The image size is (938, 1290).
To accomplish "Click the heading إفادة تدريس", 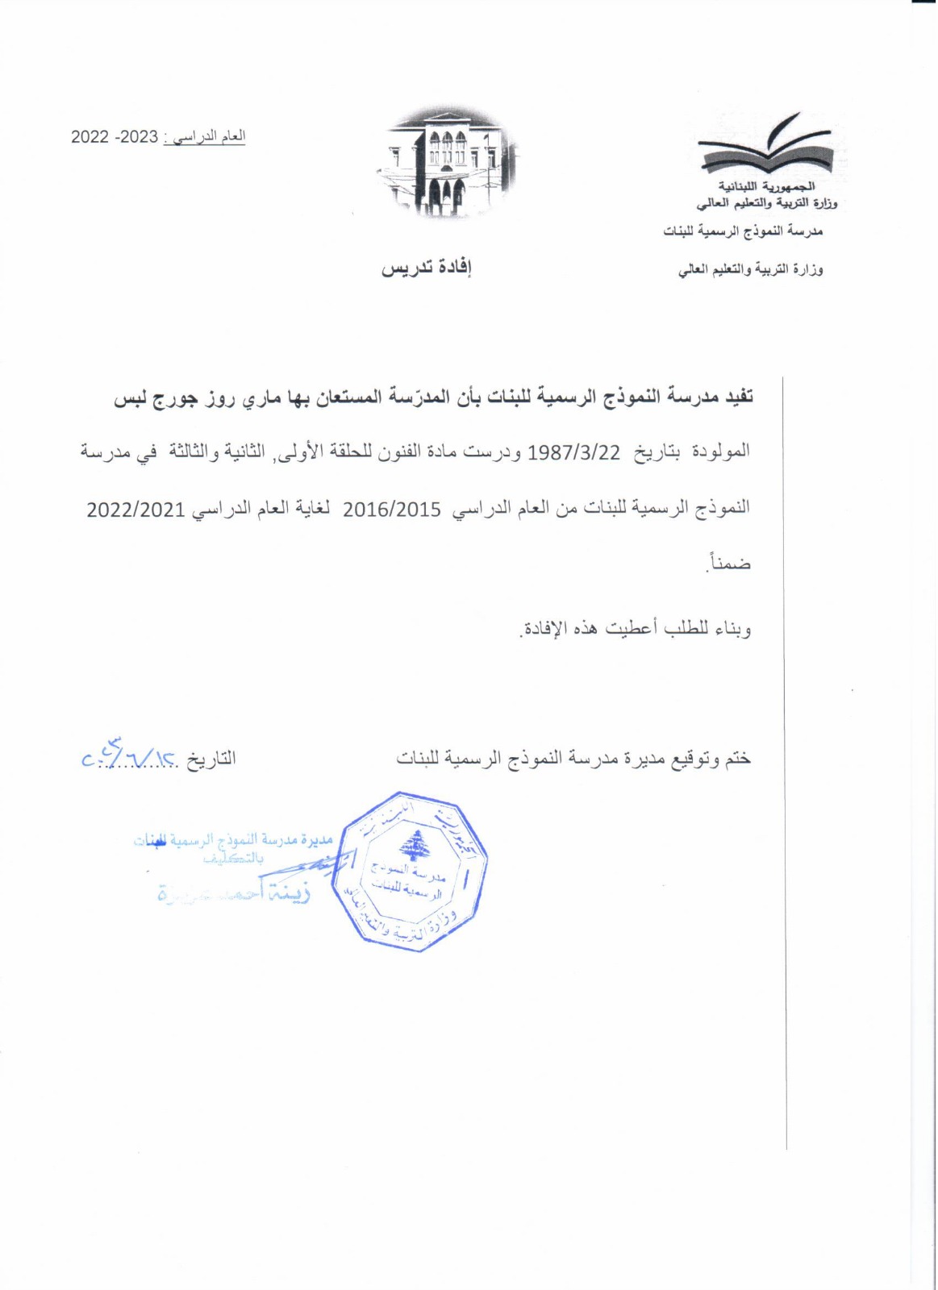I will [426, 268].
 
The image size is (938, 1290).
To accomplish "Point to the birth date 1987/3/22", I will [573, 452].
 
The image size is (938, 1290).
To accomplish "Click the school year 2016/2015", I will [392, 510].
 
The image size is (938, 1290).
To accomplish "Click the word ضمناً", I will [728, 564].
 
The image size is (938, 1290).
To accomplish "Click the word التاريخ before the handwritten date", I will [211, 759].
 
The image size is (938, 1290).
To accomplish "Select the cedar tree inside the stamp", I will [416, 844].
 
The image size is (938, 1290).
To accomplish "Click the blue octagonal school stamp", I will [415, 872].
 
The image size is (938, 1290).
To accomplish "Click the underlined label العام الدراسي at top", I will [214, 137].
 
